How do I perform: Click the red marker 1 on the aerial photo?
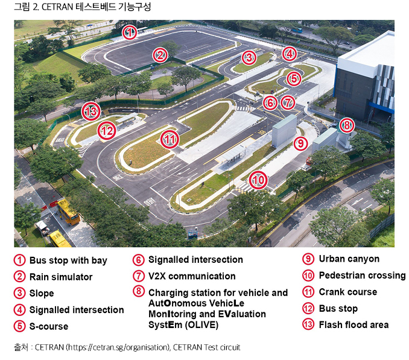[x=128, y=33]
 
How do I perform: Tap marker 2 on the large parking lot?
[x=159, y=56]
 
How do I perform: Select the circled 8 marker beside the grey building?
[x=346, y=125]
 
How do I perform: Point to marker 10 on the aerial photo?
[x=258, y=180]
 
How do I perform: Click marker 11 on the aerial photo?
[x=171, y=140]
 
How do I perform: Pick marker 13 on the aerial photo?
[x=91, y=111]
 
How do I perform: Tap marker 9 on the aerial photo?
[x=300, y=143]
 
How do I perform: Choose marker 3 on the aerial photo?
[x=249, y=57]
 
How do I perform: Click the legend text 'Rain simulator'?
[x=61, y=277]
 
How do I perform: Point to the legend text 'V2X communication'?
[x=192, y=276]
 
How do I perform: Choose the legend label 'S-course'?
[x=49, y=326]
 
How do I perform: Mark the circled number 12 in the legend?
[x=308, y=308]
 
